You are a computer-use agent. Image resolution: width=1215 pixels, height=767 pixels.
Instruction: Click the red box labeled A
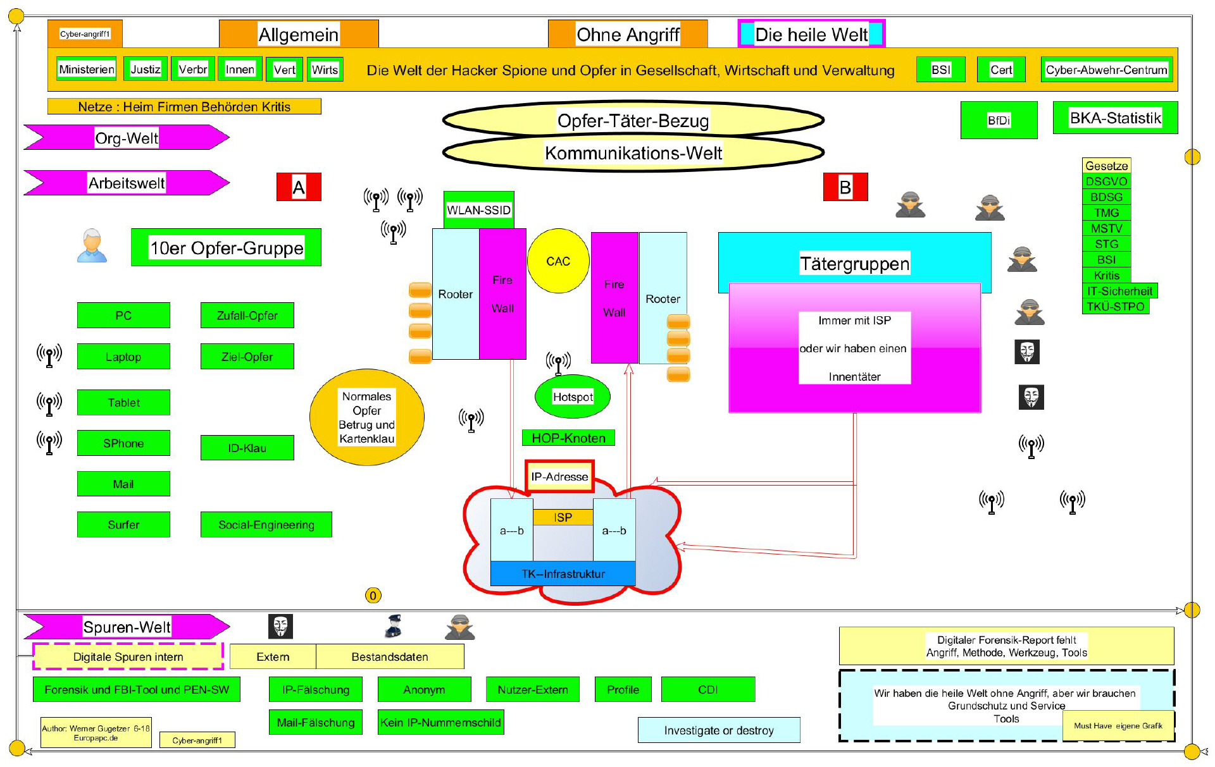point(299,187)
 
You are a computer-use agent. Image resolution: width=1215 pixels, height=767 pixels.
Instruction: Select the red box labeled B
point(845,187)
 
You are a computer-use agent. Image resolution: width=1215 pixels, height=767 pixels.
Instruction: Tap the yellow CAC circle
point(558,261)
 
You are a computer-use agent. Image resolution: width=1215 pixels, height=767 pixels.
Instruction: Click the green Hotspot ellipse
point(573,397)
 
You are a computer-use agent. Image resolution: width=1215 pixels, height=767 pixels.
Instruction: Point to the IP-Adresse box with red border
point(559,477)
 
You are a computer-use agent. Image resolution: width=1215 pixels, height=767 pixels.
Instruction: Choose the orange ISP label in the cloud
point(563,517)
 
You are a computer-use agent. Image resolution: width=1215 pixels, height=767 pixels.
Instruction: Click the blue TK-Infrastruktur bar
point(563,574)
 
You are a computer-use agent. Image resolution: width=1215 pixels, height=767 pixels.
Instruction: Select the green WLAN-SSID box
point(478,210)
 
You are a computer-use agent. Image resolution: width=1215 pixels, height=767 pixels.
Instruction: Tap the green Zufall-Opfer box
point(247,316)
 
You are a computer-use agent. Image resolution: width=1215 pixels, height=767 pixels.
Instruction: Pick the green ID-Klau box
point(247,448)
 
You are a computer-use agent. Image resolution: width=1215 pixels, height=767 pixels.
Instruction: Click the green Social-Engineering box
point(266,525)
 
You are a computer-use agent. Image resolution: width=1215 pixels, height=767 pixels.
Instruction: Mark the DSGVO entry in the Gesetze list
point(1106,181)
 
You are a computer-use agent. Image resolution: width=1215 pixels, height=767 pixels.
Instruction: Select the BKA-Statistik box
point(1115,118)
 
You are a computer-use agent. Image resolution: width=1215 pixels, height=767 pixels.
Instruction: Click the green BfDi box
point(999,120)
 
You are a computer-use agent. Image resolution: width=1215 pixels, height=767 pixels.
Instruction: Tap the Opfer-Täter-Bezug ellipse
point(633,120)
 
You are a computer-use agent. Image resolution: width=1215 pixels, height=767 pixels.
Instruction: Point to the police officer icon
point(394,626)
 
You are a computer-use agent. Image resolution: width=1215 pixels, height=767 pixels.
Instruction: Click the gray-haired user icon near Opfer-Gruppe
point(92,245)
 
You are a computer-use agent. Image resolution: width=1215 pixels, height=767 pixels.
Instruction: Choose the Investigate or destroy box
point(718,730)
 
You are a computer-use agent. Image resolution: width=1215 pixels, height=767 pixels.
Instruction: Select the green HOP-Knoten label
point(568,438)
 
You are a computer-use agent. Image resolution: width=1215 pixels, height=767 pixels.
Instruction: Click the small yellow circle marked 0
point(373,596)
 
